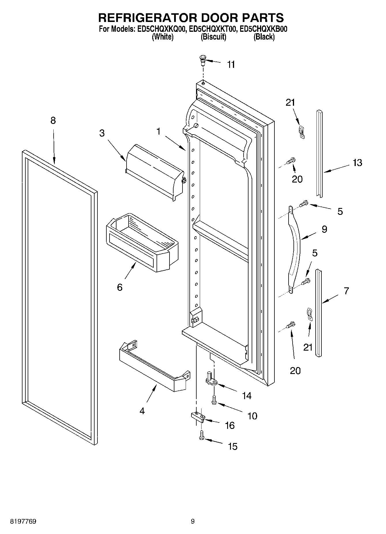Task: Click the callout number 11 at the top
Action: (231, 65)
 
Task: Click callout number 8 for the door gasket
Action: (53, 120)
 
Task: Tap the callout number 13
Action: (357, 163)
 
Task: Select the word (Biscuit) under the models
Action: (213, 37)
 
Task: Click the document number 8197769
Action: (23, 521)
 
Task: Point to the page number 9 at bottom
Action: (193, 521)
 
